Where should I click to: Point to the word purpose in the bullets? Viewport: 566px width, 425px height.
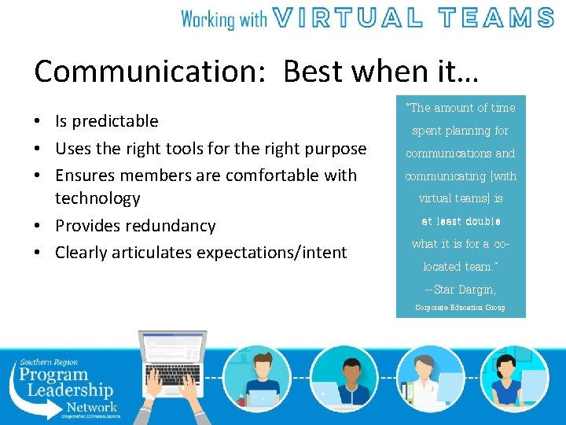point(336,148)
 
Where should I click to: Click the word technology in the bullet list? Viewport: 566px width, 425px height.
point(97,198)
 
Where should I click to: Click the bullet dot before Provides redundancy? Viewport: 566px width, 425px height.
point(39,227)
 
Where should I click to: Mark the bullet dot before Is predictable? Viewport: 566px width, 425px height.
point(39,122)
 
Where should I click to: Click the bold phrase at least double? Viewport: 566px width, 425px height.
point(461,221)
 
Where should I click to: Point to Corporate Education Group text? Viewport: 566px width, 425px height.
point(460,308)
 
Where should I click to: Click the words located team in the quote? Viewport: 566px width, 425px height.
point(460,267)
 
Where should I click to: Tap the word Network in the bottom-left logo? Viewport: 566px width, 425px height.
point(91,407)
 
